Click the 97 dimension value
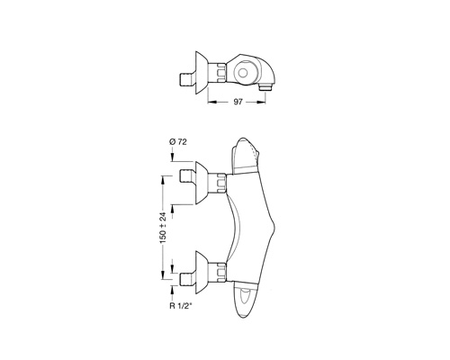pos(238,102)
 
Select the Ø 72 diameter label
pos(178,142)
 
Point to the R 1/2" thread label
pos(181,306)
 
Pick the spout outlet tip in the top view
pos(265,88)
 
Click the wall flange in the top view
pos(202,72)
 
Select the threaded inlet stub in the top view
pos(187,80)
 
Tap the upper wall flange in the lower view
pos(202,183)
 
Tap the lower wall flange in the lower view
pos(202,273)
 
